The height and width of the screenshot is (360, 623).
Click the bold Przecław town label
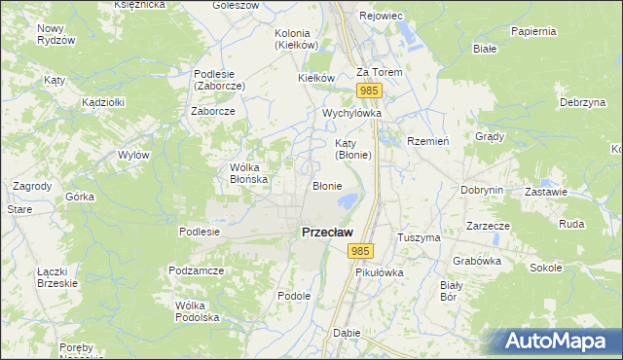click(x=327, y=233)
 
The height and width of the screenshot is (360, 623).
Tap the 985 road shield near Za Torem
click(x=368, y=90)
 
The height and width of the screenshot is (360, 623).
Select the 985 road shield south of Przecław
click(x=360, y=251)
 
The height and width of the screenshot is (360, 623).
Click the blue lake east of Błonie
click(x=346, y=202)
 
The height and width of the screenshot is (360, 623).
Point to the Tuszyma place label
click(x=420, y=237)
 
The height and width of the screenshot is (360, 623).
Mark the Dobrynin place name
click(x=482, y=191)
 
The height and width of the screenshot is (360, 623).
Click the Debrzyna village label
click(x=583, y=102)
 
